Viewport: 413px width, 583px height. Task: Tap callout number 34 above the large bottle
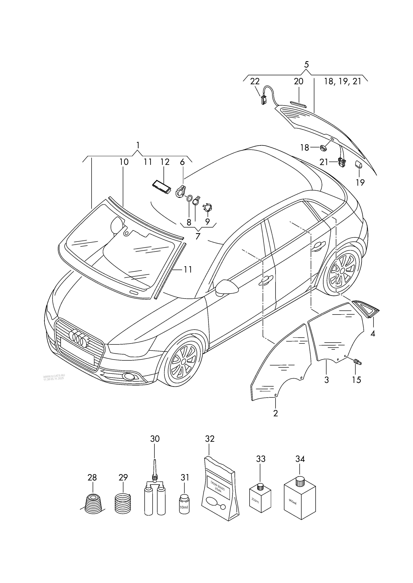point(300,459)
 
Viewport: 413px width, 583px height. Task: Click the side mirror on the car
point(226,287)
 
